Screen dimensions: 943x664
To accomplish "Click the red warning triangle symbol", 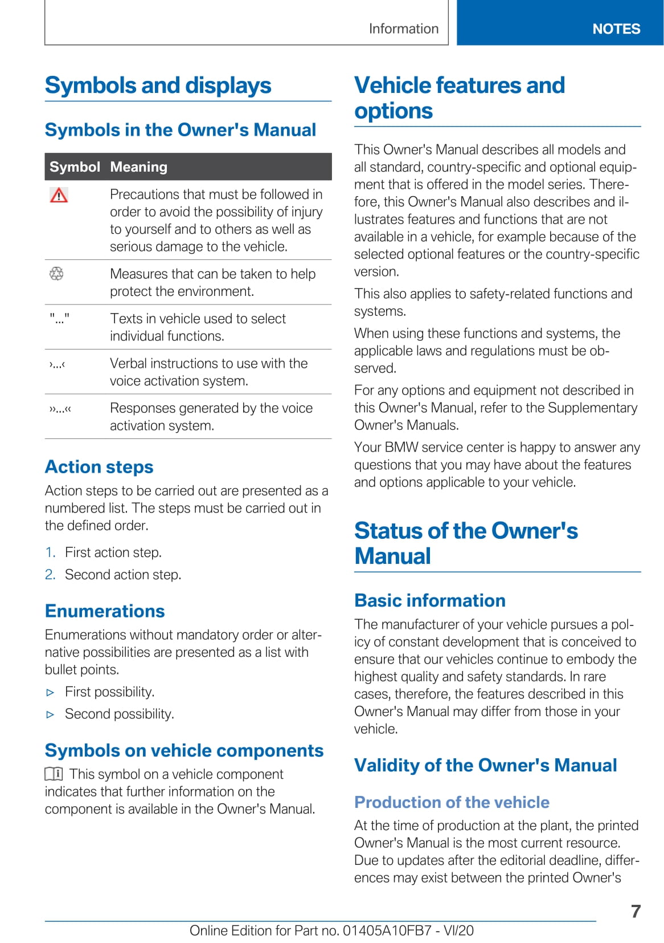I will tap(59, 196).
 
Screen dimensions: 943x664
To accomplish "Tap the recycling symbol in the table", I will tap(56, 274).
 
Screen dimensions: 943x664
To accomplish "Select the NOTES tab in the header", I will tap(616, 29).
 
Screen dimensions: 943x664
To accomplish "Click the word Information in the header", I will tap(404, 29).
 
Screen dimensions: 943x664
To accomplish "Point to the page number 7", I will tap(636, 911).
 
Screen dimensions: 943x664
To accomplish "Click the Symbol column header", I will tap(75, 167).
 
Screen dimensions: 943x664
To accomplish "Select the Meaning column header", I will tap(138, 167).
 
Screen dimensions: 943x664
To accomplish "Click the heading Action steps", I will tap(99, 467).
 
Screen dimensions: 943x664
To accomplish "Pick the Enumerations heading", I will tap(105, 611).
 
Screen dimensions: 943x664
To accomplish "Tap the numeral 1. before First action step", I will tap(50, 552).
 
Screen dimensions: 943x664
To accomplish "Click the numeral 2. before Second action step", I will tap(50, 575).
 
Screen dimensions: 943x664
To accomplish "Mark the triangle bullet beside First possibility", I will tap(51, 693).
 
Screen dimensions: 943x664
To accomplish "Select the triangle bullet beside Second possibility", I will tap(51, 714).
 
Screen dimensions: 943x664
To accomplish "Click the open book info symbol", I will tap(54, 774).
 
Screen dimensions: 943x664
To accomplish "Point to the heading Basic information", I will tap(430, 600).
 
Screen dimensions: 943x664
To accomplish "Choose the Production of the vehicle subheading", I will tap(452, 802).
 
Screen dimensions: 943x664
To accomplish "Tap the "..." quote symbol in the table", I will tap(59, 318).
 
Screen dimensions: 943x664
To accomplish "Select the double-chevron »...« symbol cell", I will tap(60, 409).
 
